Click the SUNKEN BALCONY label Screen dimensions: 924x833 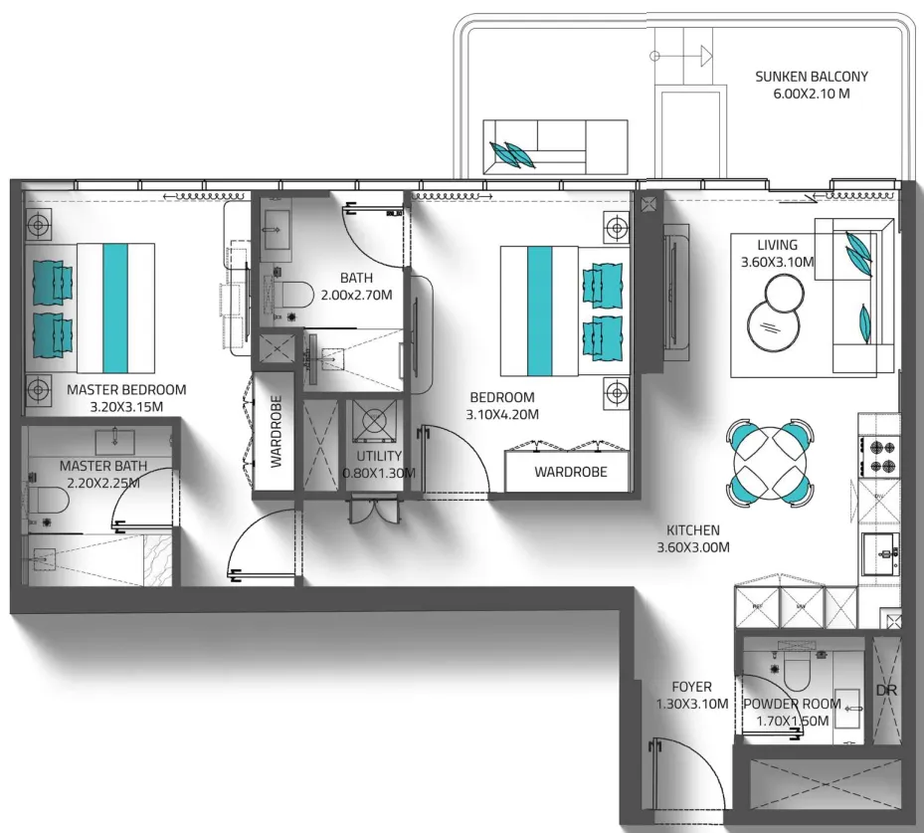point(812,77)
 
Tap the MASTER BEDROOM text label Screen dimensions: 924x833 point(126,390)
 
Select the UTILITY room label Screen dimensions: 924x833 point(379,456)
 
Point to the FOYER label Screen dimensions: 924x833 point(692,687)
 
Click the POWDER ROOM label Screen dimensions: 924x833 point(792,704)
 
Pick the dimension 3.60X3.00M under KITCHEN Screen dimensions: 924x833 point(693,547)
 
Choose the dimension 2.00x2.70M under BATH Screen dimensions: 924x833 point(356,295)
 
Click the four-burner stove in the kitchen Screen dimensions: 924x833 point(879,456)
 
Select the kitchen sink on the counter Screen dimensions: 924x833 point(880,553)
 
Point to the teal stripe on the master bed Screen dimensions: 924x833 point(115,309)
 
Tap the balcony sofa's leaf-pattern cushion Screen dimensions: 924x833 point(512,155)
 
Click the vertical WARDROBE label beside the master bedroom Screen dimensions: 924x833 point(276,432)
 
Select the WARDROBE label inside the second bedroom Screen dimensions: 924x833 point(571,472)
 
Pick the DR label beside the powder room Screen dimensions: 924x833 point(886,691)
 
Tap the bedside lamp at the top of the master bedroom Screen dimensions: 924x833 point(39,225)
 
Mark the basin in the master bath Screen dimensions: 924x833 point(115,440)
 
